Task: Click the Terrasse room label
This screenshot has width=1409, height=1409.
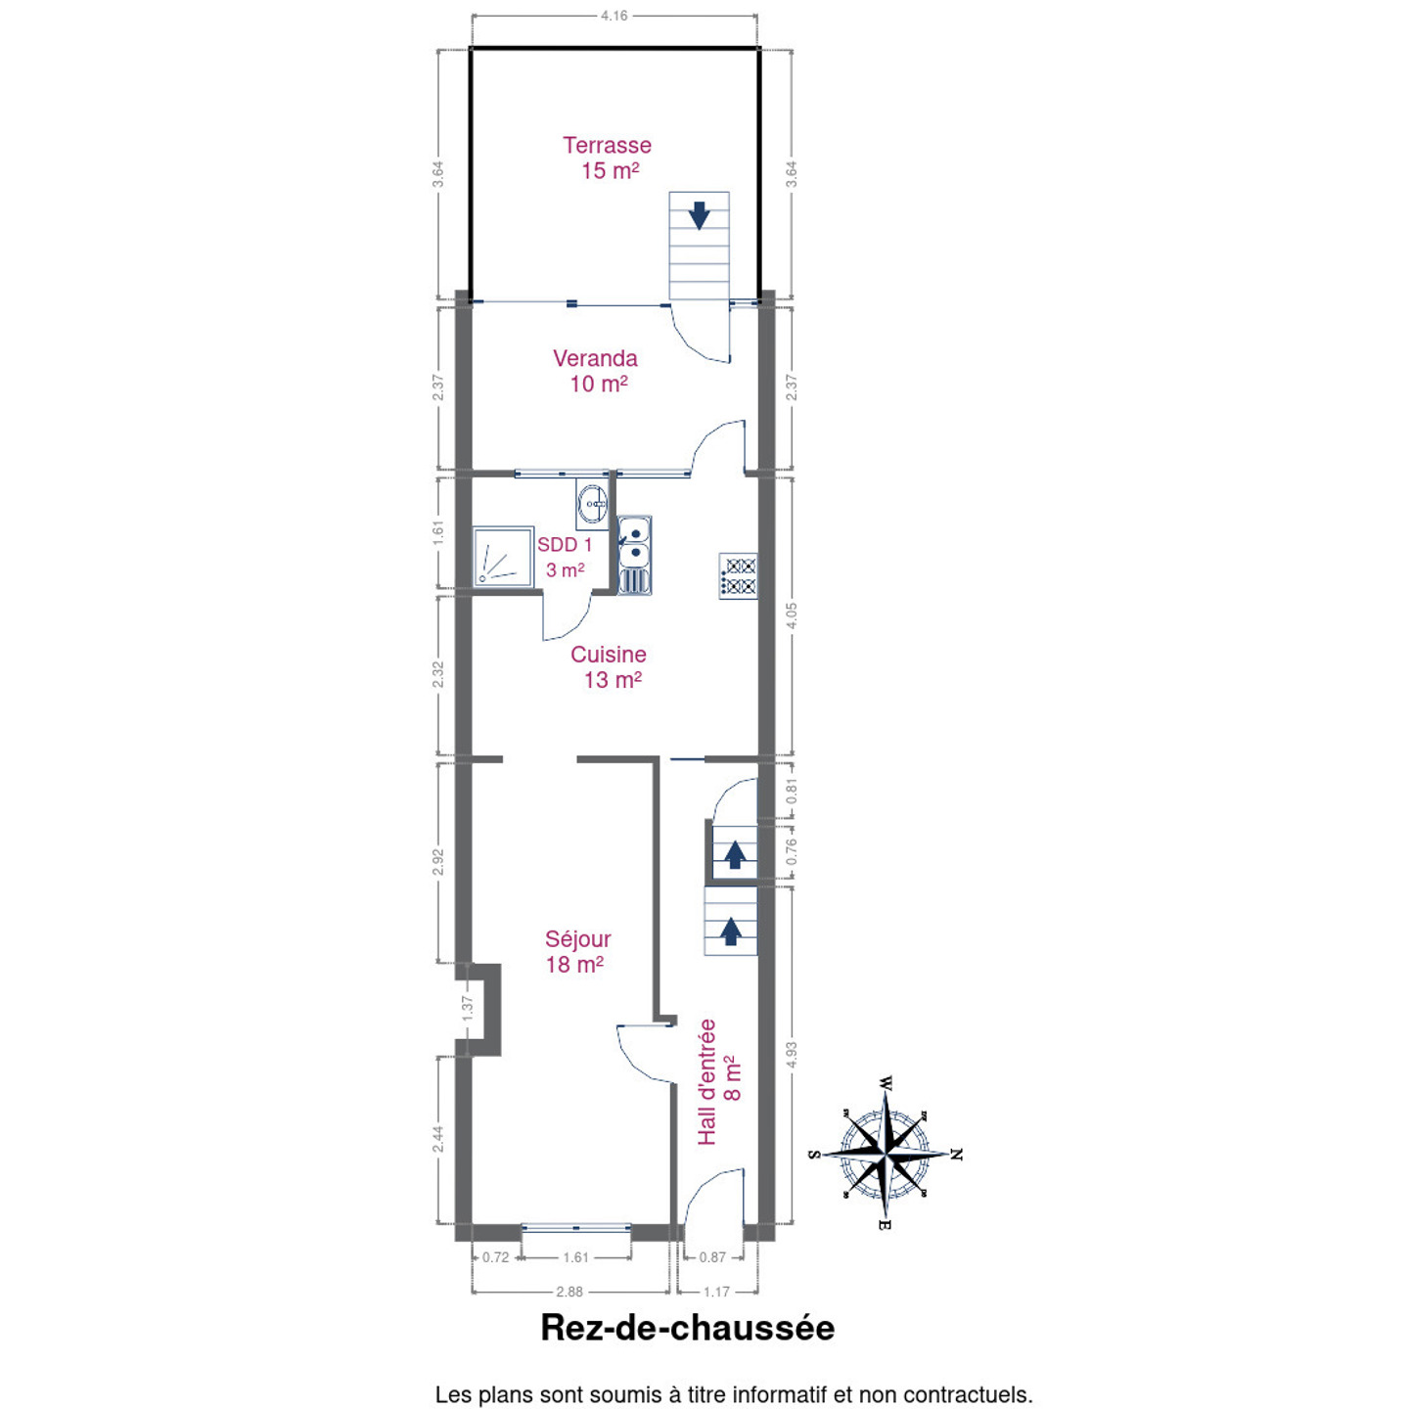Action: pos(607,158)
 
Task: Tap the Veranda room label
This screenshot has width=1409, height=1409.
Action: pos(596,371)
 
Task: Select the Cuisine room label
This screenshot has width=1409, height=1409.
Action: pos(610,667)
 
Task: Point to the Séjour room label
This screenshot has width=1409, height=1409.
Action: pos(577,951)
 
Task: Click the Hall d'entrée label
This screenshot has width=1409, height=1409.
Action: pos(719,1082)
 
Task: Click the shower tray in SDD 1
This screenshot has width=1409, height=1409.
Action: pos(503,557)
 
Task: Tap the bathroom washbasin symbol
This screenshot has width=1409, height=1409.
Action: pos(592,504)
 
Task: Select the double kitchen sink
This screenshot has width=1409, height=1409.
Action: pos(635,555)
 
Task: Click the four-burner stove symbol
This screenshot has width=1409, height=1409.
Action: pos(738,576)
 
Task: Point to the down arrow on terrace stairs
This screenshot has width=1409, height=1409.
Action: pos(700,215)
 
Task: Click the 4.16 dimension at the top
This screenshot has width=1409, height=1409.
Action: pos(614,16)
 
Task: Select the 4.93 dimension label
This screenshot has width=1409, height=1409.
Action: pos(792,1055)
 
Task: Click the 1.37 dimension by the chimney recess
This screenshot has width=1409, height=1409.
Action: pos(469,1008)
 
